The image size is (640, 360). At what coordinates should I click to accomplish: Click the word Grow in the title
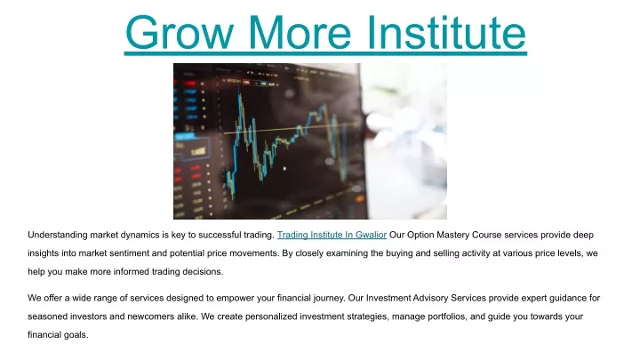coord(179,32)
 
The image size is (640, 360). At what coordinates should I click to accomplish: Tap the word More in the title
coord(300,32)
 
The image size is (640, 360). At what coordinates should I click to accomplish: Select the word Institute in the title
coord(446,32)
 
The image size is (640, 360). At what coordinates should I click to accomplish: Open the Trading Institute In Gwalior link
coord(332,235)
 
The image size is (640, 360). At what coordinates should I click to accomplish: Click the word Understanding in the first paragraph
coord(58,235)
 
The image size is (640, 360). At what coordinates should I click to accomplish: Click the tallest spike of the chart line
coord(239,94)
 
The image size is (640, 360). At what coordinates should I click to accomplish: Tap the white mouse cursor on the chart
coord(284,168)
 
